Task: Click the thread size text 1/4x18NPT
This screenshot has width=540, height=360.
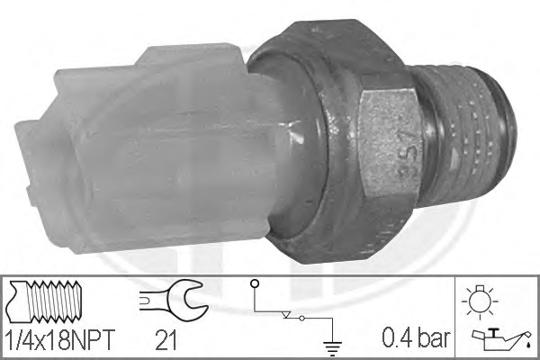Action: (x=60, y=340)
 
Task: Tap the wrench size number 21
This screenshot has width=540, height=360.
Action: (x=166, y=340)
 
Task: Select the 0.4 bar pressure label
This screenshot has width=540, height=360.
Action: (x=416, y=337)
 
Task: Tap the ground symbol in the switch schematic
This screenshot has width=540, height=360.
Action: (x=332, y=348)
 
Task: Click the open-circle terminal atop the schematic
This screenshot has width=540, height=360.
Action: (x=255, y=283)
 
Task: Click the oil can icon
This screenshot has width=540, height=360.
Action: (x=499, y=337)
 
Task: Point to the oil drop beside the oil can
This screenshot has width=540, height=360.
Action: (x=528, y=343)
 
